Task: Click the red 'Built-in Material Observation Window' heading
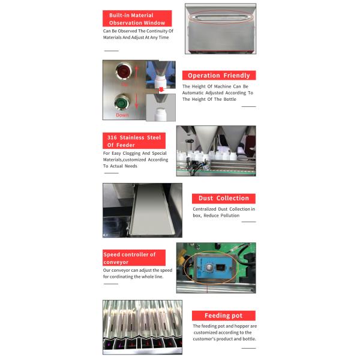137,19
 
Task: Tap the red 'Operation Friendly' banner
219,76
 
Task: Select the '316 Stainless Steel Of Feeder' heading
134,141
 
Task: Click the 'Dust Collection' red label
224,198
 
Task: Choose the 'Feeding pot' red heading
224,316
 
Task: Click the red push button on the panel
124,72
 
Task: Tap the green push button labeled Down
123,102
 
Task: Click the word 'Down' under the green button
122,115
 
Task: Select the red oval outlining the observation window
220,18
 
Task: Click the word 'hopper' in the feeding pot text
238,326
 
